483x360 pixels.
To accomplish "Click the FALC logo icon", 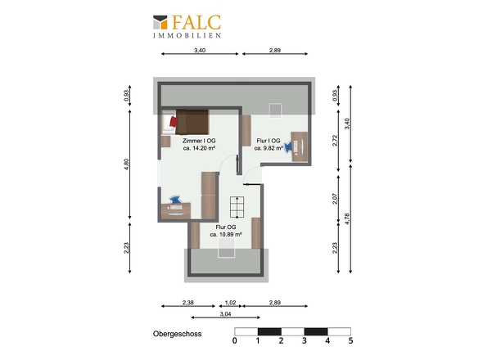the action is (x=160, y=22).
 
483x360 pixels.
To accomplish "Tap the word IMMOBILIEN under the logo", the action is (x=187, y=35).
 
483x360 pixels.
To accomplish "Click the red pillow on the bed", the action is (x=174, y=121).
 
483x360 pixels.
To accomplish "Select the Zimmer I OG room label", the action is (x=199, y=141).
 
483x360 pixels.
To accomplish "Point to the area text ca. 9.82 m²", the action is (x=269, y=148).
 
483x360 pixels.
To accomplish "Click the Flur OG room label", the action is (x=226, y=227).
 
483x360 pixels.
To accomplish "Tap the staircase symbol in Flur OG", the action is (x=237, y=206).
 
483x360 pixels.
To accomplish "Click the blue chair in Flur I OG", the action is (x=288, y=146).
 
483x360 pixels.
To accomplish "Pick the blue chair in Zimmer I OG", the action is (x=175, y=200).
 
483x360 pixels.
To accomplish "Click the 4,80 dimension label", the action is (x=126, y=164).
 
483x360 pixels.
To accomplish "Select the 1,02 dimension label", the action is (x=230, y=303).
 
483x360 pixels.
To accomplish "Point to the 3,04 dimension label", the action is (x=225, y=314).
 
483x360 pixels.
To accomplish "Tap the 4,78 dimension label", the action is (x=347, y=218).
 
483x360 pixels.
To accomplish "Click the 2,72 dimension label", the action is (x=335, y=141).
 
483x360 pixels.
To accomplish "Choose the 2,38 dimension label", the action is (x=188, y=303).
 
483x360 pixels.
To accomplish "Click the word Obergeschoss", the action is (x=177, y=334).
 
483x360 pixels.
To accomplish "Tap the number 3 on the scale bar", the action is (x=305, y=340).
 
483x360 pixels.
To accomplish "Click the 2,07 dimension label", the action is (x=335, y=199).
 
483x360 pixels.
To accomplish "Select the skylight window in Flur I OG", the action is (x=275, y=110).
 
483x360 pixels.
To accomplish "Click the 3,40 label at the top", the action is (x=200, y=50).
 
